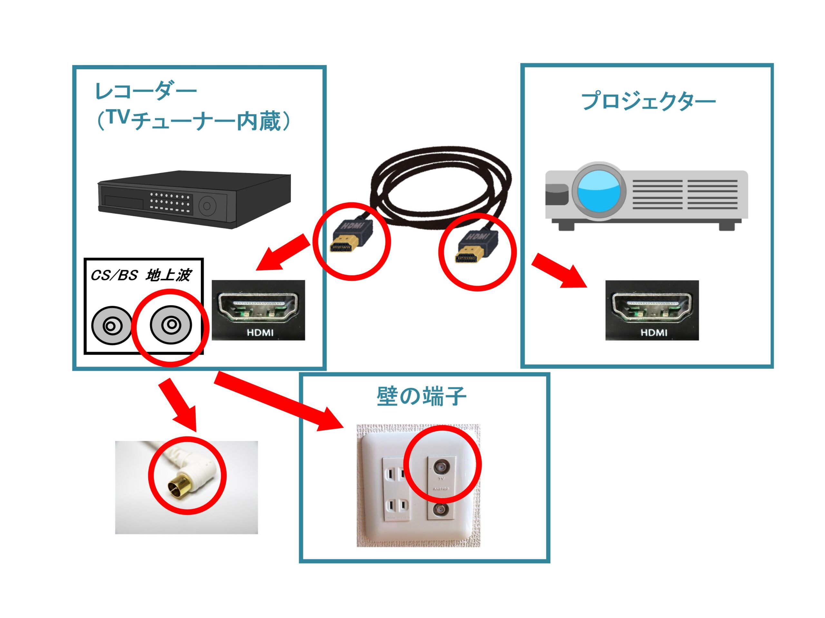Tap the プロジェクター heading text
(x=648, y=101)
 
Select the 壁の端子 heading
(x=421, y=396)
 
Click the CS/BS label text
(x=114, y=275)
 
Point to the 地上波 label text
(x=169, y=275)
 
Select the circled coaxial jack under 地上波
(x=171, y=325)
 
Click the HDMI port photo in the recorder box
(x=258, y=310)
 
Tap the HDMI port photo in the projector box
(x=652, y=310)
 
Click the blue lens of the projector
(x=599, y=191)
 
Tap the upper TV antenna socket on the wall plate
(x=441, y=466)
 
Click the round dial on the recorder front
(x=207, y=206)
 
